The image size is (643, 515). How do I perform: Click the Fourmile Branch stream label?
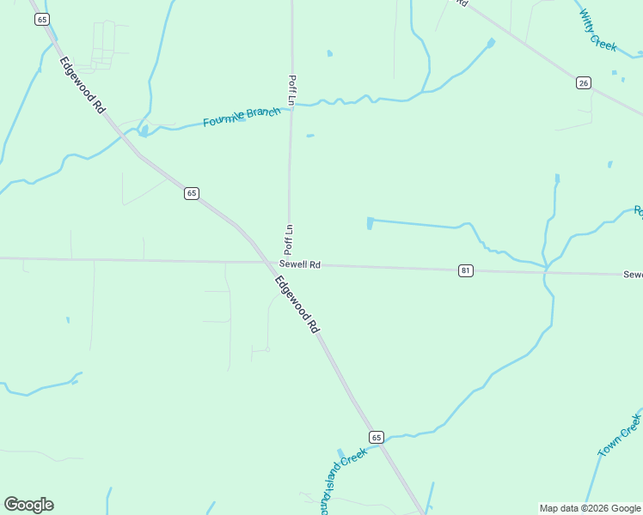242,117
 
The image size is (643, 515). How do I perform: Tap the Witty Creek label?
597,31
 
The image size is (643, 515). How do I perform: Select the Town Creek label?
620,435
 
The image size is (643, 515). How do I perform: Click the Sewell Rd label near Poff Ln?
299,265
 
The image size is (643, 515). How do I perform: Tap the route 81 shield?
465,270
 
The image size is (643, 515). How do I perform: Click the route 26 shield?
584,82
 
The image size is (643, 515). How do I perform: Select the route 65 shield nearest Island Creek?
376,437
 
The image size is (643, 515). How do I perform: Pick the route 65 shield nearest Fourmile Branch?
191,193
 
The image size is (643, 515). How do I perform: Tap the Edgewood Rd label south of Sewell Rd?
297,305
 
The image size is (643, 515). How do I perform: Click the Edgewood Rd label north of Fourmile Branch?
83,85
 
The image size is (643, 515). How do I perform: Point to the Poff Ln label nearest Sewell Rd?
290,239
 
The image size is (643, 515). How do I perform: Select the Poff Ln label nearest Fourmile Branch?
291,90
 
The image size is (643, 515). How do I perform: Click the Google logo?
28,505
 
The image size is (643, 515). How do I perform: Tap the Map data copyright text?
589,508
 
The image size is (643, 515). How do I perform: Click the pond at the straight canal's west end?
370,223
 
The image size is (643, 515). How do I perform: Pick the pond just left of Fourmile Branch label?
144,130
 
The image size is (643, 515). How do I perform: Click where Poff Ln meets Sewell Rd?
289,263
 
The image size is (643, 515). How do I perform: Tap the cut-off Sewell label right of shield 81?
633,275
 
